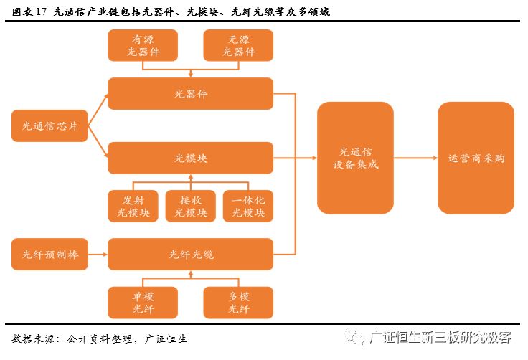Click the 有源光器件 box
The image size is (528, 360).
(x=142, y=46)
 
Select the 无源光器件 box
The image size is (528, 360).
(x=238, y=46)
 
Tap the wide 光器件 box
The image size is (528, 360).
(x=190, y=94)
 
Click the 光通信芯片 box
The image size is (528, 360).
(x=49, y=126)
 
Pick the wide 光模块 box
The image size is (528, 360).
(x=190, y=158)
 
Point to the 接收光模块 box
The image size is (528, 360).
(x=190, y=206)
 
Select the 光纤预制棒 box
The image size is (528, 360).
(x=49, y=255)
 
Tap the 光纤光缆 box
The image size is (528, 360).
(x=190, y=255)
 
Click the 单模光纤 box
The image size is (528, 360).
(x=142, y=303)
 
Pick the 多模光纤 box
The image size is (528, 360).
(x=238, y=303)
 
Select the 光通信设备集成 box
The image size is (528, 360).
(x=355, y=158)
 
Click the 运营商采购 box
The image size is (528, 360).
(x=476, y=158)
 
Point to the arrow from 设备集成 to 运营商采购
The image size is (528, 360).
(x=415, y=158)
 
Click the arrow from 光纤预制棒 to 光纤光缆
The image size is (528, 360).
(x=98, y=255)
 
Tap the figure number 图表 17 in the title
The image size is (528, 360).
(x=29, y=12)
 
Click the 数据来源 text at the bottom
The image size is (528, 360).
(x=35, y=338)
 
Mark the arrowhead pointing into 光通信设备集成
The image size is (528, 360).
(x=313, y=158)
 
